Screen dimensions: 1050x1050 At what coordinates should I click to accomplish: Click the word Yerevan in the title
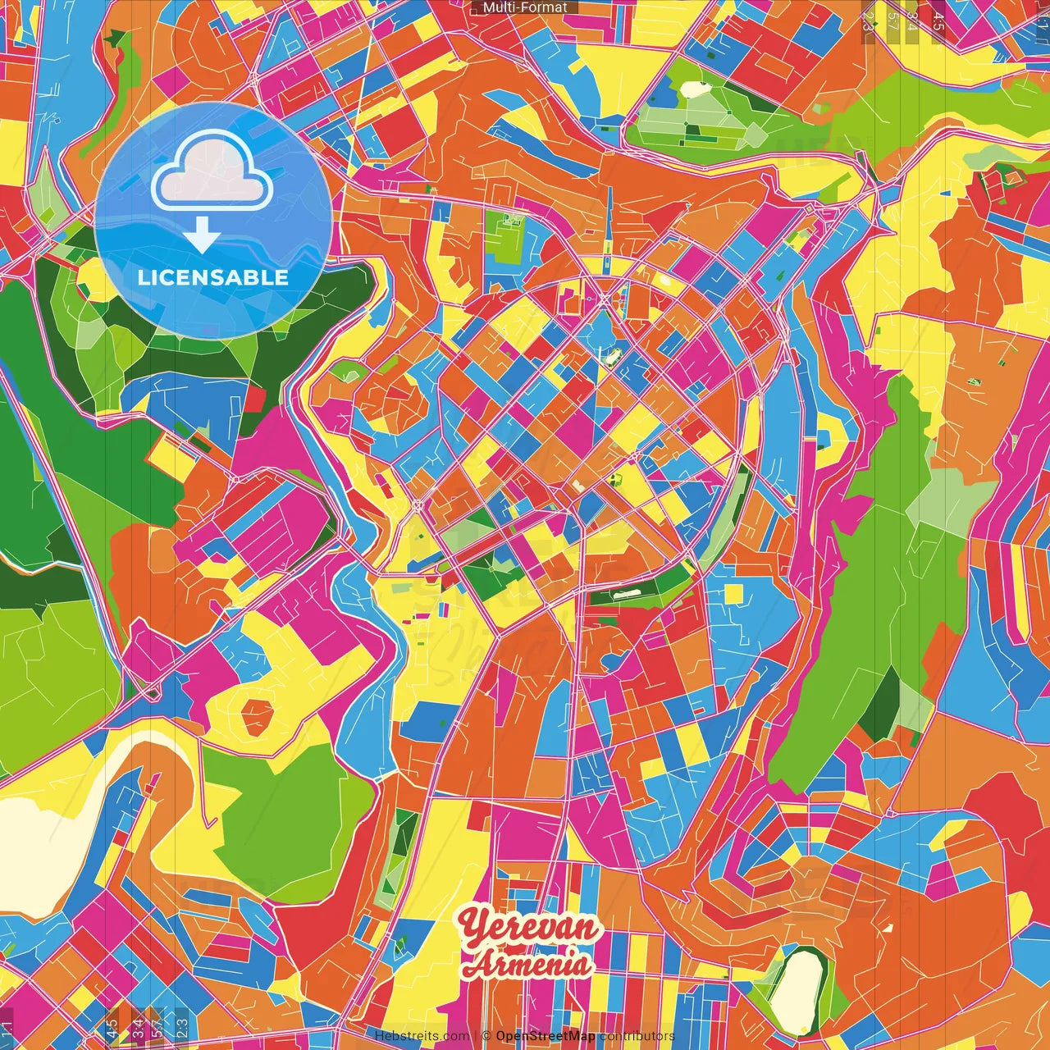(529, 927)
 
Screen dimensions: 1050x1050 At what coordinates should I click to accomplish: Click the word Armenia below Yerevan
(527, 963)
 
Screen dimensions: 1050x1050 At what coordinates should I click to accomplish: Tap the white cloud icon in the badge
(212, 172)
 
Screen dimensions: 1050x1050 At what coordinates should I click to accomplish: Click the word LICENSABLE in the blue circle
(213, 277)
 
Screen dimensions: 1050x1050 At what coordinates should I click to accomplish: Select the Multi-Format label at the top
(524, 7)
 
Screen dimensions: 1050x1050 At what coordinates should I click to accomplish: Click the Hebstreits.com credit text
(422, 1036)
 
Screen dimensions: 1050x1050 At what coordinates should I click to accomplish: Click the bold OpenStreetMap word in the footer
(546, 1036)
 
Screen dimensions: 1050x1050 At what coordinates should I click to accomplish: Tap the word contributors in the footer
(637, 1036)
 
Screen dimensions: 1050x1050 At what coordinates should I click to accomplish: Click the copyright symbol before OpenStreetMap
(486, 1036)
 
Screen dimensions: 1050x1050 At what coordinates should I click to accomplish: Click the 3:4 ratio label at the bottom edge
(137, 1025)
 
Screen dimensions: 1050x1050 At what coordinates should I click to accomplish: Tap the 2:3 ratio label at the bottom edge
(181, 1025)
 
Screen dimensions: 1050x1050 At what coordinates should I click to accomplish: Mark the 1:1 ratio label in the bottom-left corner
(7, 1027)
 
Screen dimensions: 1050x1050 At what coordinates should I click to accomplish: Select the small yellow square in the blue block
(733, 593)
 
